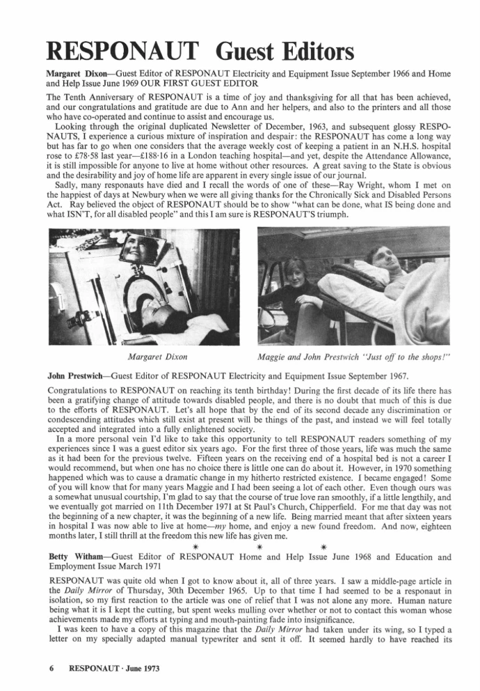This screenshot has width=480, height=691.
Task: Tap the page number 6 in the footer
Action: click(51, 669)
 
